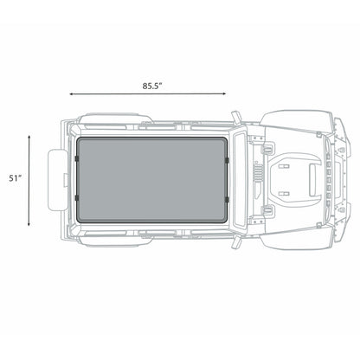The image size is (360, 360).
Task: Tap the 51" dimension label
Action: coord(14,180)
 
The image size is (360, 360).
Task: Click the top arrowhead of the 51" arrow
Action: coord(31,135)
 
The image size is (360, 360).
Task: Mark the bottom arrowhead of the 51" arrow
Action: coord(31,226)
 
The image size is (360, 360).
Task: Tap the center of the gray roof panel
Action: coord(152,180)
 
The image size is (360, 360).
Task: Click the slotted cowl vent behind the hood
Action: coord(256,180)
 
